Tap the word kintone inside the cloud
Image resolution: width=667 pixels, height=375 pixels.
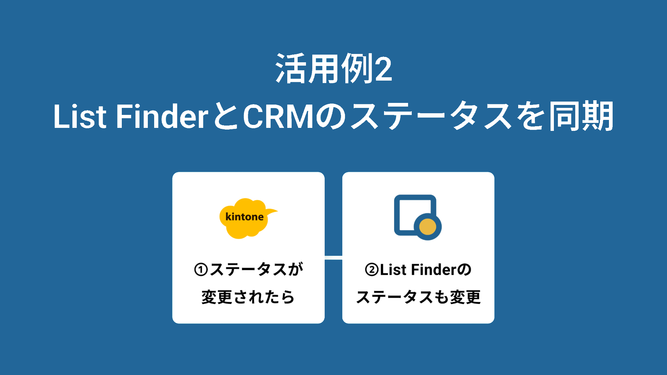click(x=245, y=217)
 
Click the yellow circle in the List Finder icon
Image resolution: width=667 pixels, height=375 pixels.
click(x=427, y=227)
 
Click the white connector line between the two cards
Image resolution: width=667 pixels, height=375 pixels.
click(x=333, y=257)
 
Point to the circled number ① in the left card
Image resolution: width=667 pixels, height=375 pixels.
click(x=201, y=270)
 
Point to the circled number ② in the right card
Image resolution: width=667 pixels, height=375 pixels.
click(x=372, y=270)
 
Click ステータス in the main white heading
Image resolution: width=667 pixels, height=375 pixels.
click(x=430, y=117)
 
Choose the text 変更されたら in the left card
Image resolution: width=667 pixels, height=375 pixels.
click(x=248, y=297)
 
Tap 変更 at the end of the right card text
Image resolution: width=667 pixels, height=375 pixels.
click(x=465, y=297)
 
